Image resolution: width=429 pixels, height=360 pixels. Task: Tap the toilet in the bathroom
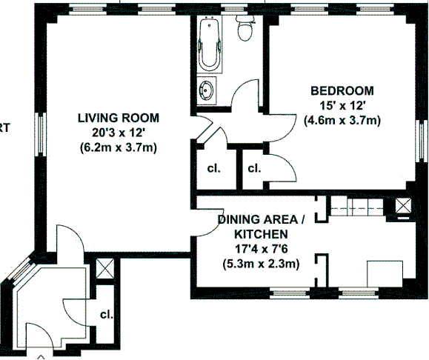point(244,29)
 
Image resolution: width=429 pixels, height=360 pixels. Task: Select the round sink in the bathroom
point(206,92)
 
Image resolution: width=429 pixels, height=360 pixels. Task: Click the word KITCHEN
point(259,234)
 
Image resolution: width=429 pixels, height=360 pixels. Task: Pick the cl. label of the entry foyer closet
point(106,314)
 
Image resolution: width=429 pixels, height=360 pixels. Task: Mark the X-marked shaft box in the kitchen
point(403,207)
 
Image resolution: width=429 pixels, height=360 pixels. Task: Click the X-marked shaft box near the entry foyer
point(105,267)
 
